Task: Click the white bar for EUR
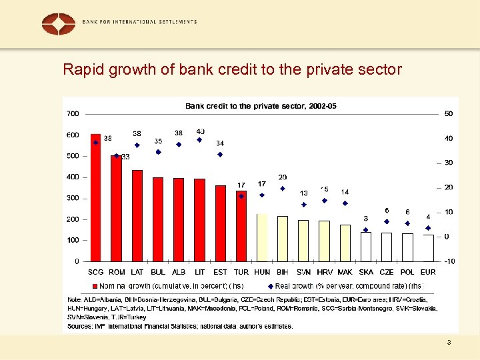coord(428,247)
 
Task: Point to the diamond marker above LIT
coord(199,140)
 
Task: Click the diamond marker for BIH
coord(283,189)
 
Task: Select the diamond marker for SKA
coord(365,230)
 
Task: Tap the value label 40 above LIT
coord(201,131)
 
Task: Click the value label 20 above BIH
coord(283,177)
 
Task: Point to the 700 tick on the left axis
coord(73,113)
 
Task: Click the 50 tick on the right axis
coord(449,113)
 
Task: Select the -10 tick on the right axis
coord(449,261)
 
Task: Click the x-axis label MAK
coord(345,272)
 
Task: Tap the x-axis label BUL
coord(158,272)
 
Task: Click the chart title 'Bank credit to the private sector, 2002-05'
coord(261,106)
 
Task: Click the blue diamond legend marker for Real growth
coord(270,285)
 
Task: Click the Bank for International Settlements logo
coord(59,24)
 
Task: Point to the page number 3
coord(449,343)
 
